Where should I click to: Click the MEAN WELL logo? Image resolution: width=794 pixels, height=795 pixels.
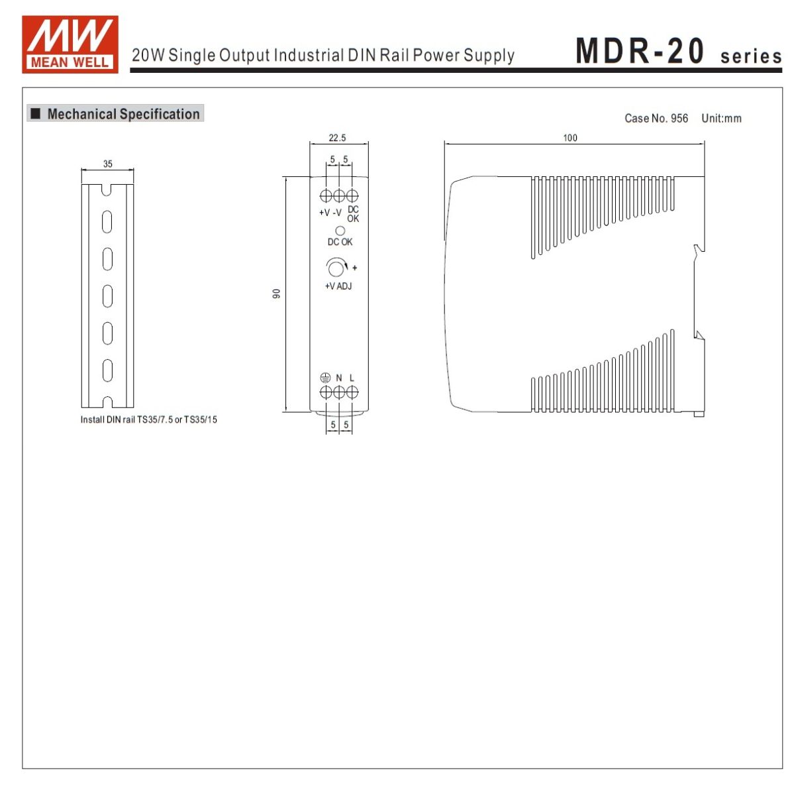pyautogui.click(x=70, y=44)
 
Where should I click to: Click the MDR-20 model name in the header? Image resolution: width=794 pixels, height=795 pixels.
pyautogui.click(x=640, y=51)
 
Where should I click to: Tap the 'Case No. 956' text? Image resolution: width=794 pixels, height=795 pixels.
pyautogui.click(x=656, y=119)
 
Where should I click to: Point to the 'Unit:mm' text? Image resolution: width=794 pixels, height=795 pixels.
pyautogui.click(x=721, y=119)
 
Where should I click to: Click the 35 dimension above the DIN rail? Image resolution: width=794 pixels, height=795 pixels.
pyautogui.click(x=108, y=164)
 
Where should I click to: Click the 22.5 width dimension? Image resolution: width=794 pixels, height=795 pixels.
pyautogui.click(x=337, y=138)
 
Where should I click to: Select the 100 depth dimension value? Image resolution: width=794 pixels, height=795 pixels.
pyautogui.click(x=570, y=138)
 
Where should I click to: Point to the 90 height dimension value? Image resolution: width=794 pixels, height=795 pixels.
pyautogui.click(x=276, y=293)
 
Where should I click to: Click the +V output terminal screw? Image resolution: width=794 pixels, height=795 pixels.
pyautogui.click(x=326, y=195)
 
